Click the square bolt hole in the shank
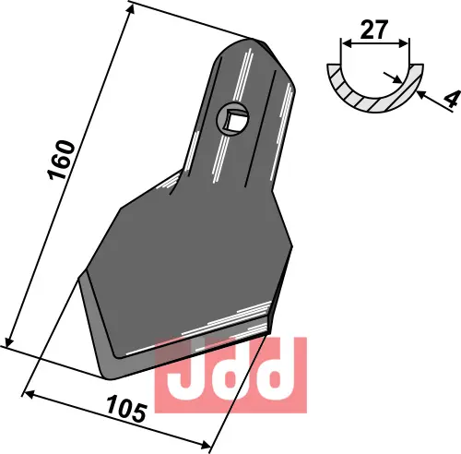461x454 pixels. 233,117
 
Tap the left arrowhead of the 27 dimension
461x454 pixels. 345,43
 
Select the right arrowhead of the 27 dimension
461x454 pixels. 407,43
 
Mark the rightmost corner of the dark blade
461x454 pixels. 292,245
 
